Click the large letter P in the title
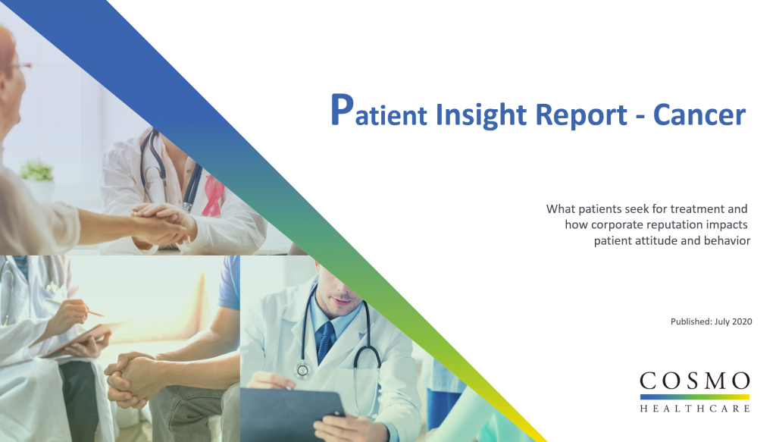342,111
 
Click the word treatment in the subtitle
710,208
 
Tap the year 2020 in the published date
740,321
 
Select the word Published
690,321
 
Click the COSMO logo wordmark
694,380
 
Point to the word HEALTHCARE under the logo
694,409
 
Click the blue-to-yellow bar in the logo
694,396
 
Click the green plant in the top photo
36,170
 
